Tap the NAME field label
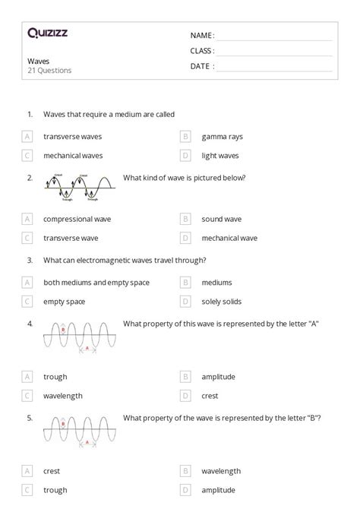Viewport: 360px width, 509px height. coord(202,35)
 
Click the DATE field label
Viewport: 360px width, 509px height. coord(202,66)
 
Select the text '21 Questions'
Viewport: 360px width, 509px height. coord(49,71)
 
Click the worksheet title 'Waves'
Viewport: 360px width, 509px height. coord(38,61)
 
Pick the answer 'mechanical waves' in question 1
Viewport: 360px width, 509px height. coord(73,156)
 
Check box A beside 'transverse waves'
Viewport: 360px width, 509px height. coord(27,137)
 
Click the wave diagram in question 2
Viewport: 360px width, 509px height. coord(79,187)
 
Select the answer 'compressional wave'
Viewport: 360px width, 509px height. coord(77,219)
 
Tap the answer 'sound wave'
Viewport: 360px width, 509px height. coord(222,219)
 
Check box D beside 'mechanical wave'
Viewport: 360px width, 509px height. coord(185,238)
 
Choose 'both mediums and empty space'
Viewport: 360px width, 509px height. coord(96,283)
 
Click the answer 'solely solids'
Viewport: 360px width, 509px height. coord(222,302)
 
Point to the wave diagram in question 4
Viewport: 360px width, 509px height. coord(79,334)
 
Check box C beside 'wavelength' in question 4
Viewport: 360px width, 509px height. coord(27,395)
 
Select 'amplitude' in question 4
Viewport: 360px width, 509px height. coord(219,376)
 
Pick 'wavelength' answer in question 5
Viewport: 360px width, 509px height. coord(222,471)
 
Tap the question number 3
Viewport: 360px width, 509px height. coord(30,260)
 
